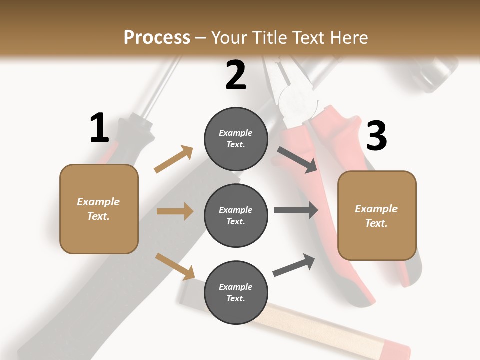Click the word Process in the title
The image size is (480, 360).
pyautogui.click(x=157, y=38)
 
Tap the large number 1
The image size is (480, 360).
pyautogui.click(x=99, y=128)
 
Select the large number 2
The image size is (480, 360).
pyautogui.click(x=236, y=75)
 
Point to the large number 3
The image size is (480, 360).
pyautogui.click(x=376, y=136)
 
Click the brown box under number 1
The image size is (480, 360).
pyautogui.click(x=99, y=209)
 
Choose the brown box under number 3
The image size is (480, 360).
pyautogui.click(x=377, y=216)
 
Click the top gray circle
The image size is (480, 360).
pyautogui.click(x=236, y=139)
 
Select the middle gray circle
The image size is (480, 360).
pyautogui.click(x=236, y=215)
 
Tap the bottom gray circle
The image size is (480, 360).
pyautogui.click(x=236, y=292)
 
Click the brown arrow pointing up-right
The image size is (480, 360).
pyautogui.click(x=173, y=159)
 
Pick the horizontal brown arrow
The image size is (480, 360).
pyautogui.click(x=174, y=211)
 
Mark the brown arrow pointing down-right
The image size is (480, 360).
pyautogui.click(x=175, y=266)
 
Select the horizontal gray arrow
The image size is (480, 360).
pyautogui.click(x=295, y=210)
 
